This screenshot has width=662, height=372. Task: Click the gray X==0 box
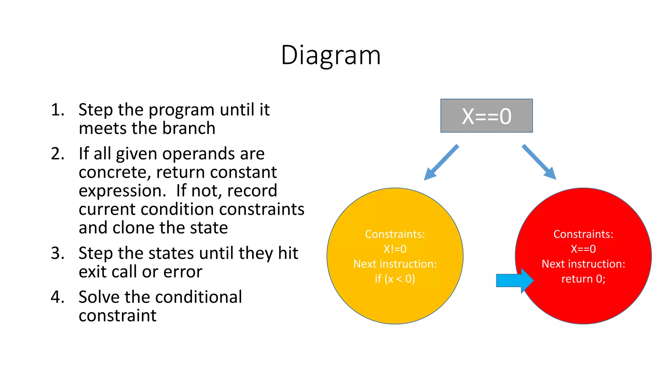pyautogui.click(x=486, y=116)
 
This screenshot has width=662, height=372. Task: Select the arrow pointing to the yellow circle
pyautogui.click(x=441, y=162)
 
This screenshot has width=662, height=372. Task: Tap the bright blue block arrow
pyautogui.click(x=514, y=280)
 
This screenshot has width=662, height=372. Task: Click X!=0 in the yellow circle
pyautogui.click(x=395, y=249)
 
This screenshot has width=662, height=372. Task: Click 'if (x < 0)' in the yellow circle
pyautogui.click(x=395, y=279)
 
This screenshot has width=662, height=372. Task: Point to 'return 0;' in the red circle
pyautogui.click(x=583, y=279)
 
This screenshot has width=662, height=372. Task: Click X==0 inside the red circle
pyautogui.click(x=583, y=249)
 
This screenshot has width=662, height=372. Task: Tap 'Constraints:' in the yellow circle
pyautogui.click(x=395, y=234)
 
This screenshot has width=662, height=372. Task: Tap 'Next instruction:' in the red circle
pyautogui.click(x=583, y=264)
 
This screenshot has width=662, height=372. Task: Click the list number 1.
pyautogui.click(x=57, y=110)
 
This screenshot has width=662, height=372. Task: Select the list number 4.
pyautogui.click(x=57, y=297)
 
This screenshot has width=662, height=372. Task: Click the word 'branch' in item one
pyautogui.click(x=189, y=128)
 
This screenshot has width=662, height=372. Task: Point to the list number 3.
pyautogui.click(x=57, y=253)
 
